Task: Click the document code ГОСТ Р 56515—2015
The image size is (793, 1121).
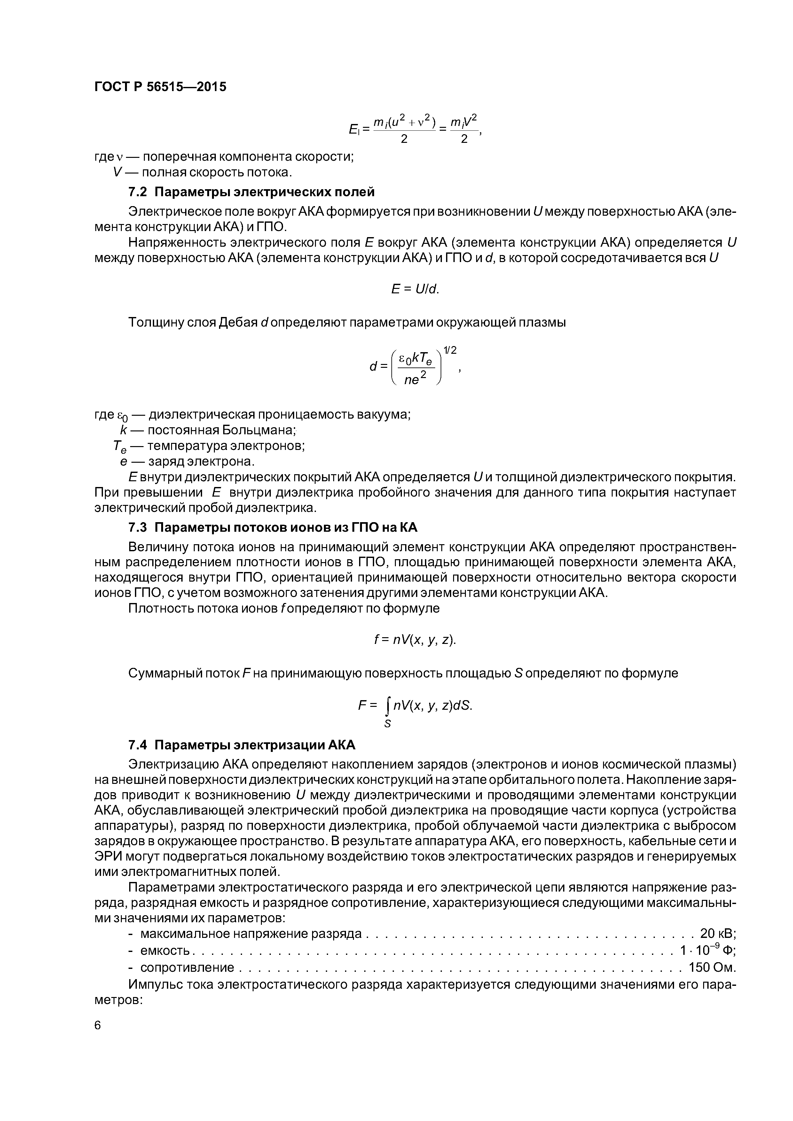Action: pyautogui.click(x=160, y=87)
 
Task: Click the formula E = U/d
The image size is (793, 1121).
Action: pyautogui.click(x=415, y=290)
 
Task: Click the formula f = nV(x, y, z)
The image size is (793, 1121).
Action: pyautogui.click(x=415, y=640)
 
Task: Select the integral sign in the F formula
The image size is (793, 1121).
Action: pyautogui.click(x=388, y=706)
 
